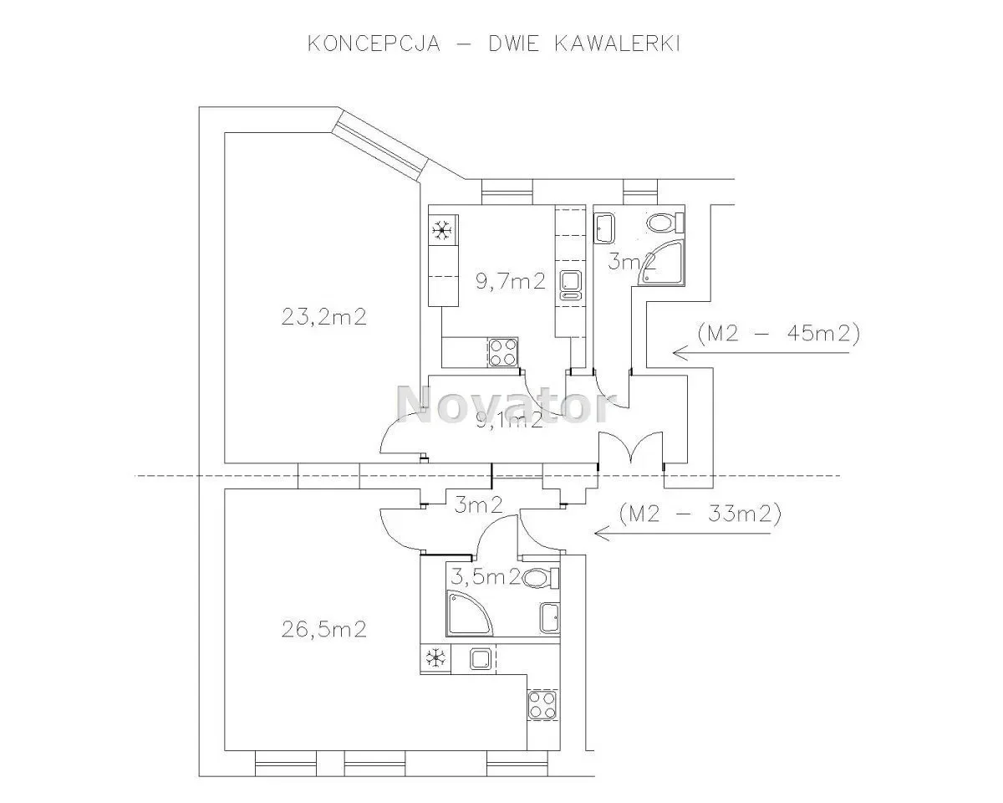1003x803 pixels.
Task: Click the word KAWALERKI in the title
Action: point(618,43)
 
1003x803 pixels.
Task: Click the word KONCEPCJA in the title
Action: point(374,43)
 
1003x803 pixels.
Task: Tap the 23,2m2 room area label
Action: point(324,317)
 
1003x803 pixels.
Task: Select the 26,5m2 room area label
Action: point(324,629)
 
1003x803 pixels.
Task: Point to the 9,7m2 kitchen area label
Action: point(511,281)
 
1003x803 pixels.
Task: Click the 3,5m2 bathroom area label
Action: point(486,577)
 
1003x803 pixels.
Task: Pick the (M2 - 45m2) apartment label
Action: point(779,333)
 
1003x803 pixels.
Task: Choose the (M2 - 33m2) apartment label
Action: point(700,514)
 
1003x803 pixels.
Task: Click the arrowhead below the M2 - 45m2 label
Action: point(680,353)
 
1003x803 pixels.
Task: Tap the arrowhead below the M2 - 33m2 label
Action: point(602,534)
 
